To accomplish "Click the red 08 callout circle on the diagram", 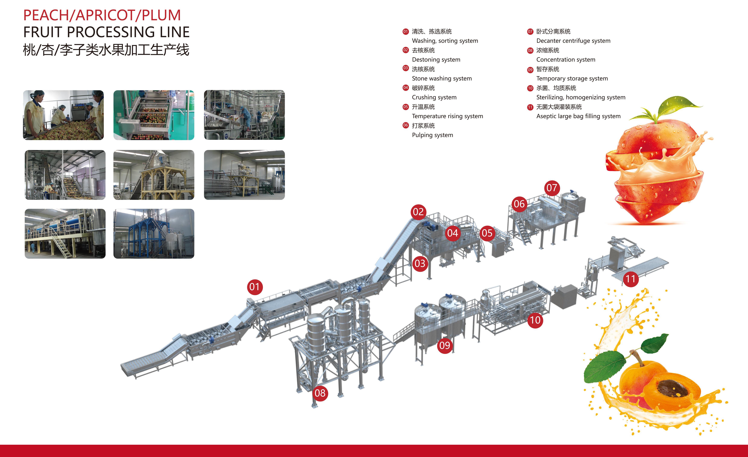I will click(x=320, y=393).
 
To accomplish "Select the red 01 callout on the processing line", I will click(x=254, y=287).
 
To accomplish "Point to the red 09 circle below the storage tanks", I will click(x=445, y=346).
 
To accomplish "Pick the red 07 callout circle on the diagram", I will click(x=552, y=188).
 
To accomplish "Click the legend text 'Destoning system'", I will click(x=436, y=60).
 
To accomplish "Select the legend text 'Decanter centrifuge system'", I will click(x=573, y=41).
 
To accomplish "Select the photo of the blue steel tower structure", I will click(x=154, y=233).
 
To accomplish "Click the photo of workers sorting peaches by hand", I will click(x=63, y=115).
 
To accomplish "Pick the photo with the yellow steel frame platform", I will click(x=154, y=175).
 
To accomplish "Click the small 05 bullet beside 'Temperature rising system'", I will click(x=406, y=107).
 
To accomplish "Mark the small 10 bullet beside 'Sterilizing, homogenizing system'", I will click(x=530, y=88).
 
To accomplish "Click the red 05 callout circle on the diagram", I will click(x=487, y=233).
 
